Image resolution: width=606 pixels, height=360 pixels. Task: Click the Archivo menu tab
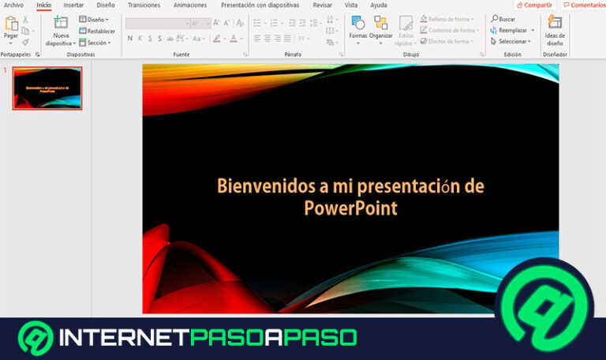(13, 5)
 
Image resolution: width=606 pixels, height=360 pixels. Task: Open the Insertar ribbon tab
(73, 5)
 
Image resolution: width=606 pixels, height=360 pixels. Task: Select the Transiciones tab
(144, 5)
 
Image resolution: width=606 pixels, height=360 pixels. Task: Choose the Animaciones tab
(190, 5)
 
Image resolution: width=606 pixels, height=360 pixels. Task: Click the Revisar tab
(322, 5)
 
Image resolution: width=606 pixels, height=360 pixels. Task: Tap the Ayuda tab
(379, 5)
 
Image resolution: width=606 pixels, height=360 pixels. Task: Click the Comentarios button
(584, 5)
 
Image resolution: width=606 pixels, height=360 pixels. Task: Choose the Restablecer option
(97, 31)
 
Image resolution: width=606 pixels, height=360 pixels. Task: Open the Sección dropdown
(97, 43)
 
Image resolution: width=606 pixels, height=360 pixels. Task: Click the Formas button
(358, 28)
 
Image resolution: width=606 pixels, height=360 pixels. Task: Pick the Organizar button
(381, 28)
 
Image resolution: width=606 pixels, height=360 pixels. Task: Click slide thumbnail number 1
(47, 88)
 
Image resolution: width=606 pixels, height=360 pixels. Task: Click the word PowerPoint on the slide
(350, 208)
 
